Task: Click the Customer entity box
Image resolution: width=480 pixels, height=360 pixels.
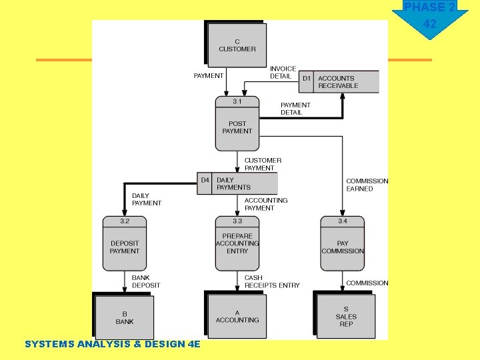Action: (x=237, y=45)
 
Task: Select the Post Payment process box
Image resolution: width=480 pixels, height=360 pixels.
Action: (x=237, y=124)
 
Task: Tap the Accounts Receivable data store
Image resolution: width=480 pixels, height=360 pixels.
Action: (x=338, y=82)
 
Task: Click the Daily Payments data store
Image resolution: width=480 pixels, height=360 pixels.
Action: (x=237, y=183)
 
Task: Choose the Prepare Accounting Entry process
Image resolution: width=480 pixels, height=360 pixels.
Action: (x=237, y=244)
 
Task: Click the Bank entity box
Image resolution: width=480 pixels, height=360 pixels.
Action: (x=125, y=317)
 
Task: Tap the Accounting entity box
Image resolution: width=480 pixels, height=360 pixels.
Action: (x=237, y=317)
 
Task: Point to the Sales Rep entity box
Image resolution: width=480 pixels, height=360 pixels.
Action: (x=346, y=317)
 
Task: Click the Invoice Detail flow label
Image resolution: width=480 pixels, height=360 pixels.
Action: (x=283, y=73)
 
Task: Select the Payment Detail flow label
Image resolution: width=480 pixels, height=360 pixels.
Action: (x=295, y=109)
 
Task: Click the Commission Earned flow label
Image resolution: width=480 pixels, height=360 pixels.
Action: (x=367, y=185)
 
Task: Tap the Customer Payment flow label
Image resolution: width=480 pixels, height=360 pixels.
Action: (x=263, y=164)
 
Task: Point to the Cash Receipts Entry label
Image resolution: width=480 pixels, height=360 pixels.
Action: (x=272, y=281)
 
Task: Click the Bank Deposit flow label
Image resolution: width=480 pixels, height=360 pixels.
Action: (x=146, y=281)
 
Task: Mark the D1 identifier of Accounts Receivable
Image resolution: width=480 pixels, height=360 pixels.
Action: (x=307, y=79)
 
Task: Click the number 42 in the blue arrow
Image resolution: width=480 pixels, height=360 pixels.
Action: (x=430, y=24)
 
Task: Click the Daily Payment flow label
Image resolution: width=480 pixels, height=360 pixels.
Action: (x=147, y=199)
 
